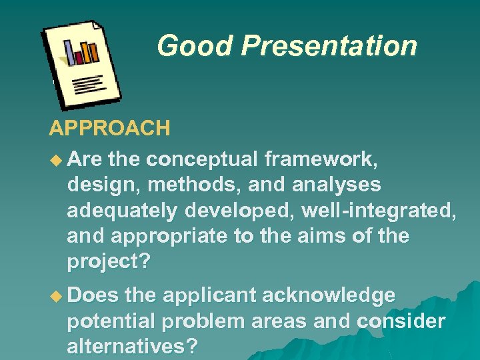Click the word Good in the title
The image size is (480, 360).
(195, 46)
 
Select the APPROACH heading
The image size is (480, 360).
(109, 128)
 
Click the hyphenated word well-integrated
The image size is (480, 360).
(379, 211)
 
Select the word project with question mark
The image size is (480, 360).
(109, 262)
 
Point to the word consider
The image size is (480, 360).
(401, 321)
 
